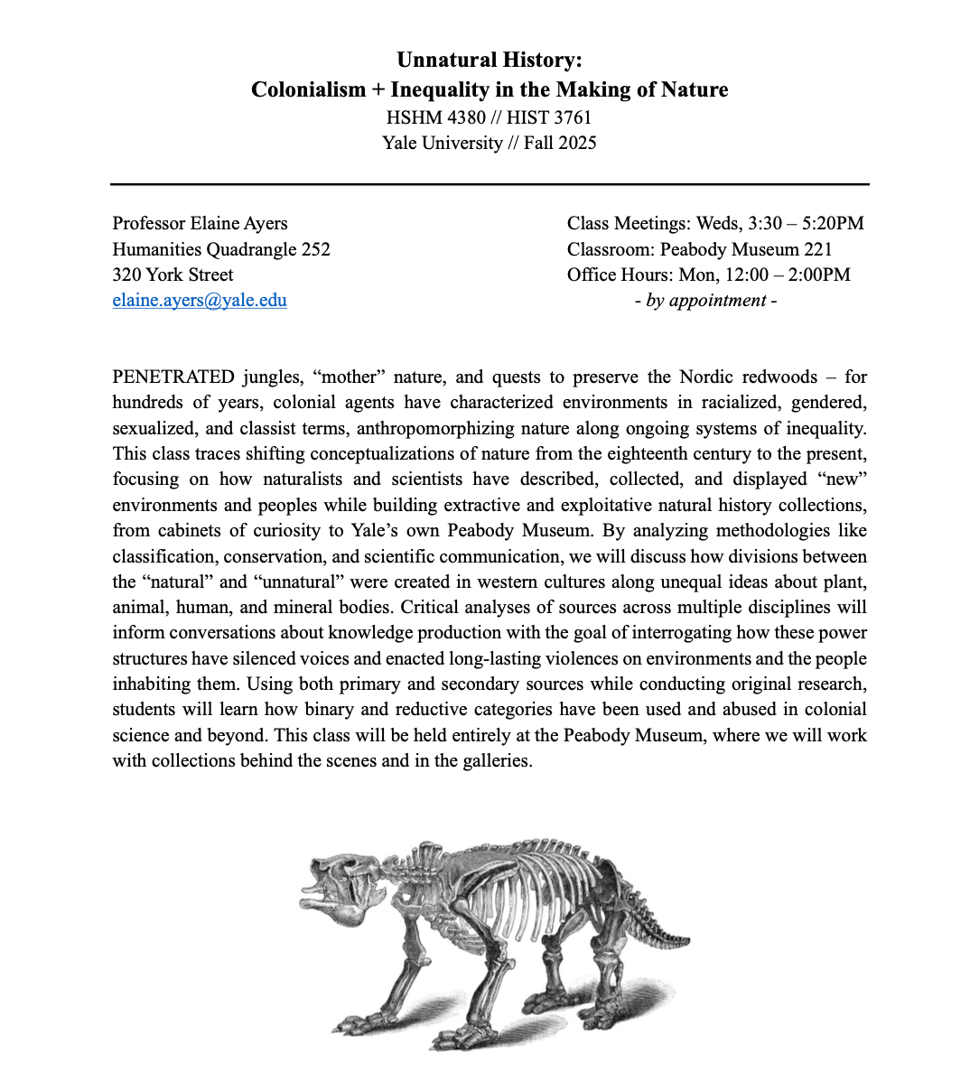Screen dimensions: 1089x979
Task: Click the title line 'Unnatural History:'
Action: coord(489,60)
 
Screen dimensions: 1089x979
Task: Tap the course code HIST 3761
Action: coord(549,117)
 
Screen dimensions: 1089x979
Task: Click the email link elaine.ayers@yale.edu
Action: coord(200,301)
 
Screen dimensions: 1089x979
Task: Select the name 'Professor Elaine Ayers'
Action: coord(200,223)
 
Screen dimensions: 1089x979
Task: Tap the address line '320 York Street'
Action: coord(172,275)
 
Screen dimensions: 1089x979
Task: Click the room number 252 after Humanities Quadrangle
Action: coord(315,249)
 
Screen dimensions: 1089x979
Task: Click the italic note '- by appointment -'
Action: coord(705,301)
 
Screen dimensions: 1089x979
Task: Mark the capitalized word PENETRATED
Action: coord(173,377)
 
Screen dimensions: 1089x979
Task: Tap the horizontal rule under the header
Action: coord(489,184)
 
